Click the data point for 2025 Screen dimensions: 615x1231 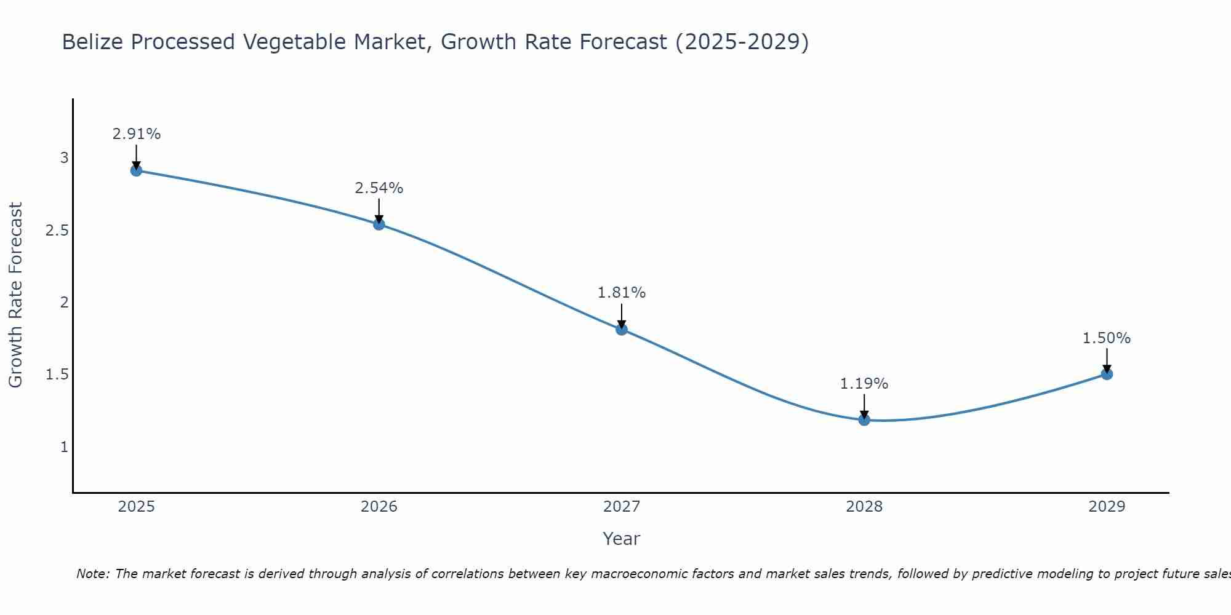click(x=137, y=170)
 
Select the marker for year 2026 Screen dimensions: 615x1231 click(x=379, y=224)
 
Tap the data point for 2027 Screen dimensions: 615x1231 click(x=622, y=329)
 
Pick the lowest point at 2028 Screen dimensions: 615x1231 click(x=864, y=420)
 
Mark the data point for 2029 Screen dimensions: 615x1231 click(x=1107, y=374)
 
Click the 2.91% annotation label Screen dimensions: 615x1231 click(x=137, y=134)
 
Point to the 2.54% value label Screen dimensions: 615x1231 click(x=379, y=188)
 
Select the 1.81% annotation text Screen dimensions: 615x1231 click(x=622, y=293)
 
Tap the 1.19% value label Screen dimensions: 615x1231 click(x=864, y=384)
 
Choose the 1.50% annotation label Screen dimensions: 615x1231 click(x=1107, y=338)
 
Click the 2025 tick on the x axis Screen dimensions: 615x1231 click(x=137, y=507)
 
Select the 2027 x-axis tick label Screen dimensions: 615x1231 click(x=622, y=507)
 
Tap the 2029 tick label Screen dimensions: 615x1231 click(x=1107, y=507)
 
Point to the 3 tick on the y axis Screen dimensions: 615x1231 click(x=64, y=158)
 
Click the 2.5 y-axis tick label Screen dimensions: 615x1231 click(x=57, y=231)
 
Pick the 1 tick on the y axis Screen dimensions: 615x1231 click(x=64, y=446)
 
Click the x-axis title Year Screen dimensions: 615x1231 click(x=622, y=539)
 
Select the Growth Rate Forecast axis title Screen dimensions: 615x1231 click(x=15, y=295)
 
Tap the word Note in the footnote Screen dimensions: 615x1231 click(x=92, y=574)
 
